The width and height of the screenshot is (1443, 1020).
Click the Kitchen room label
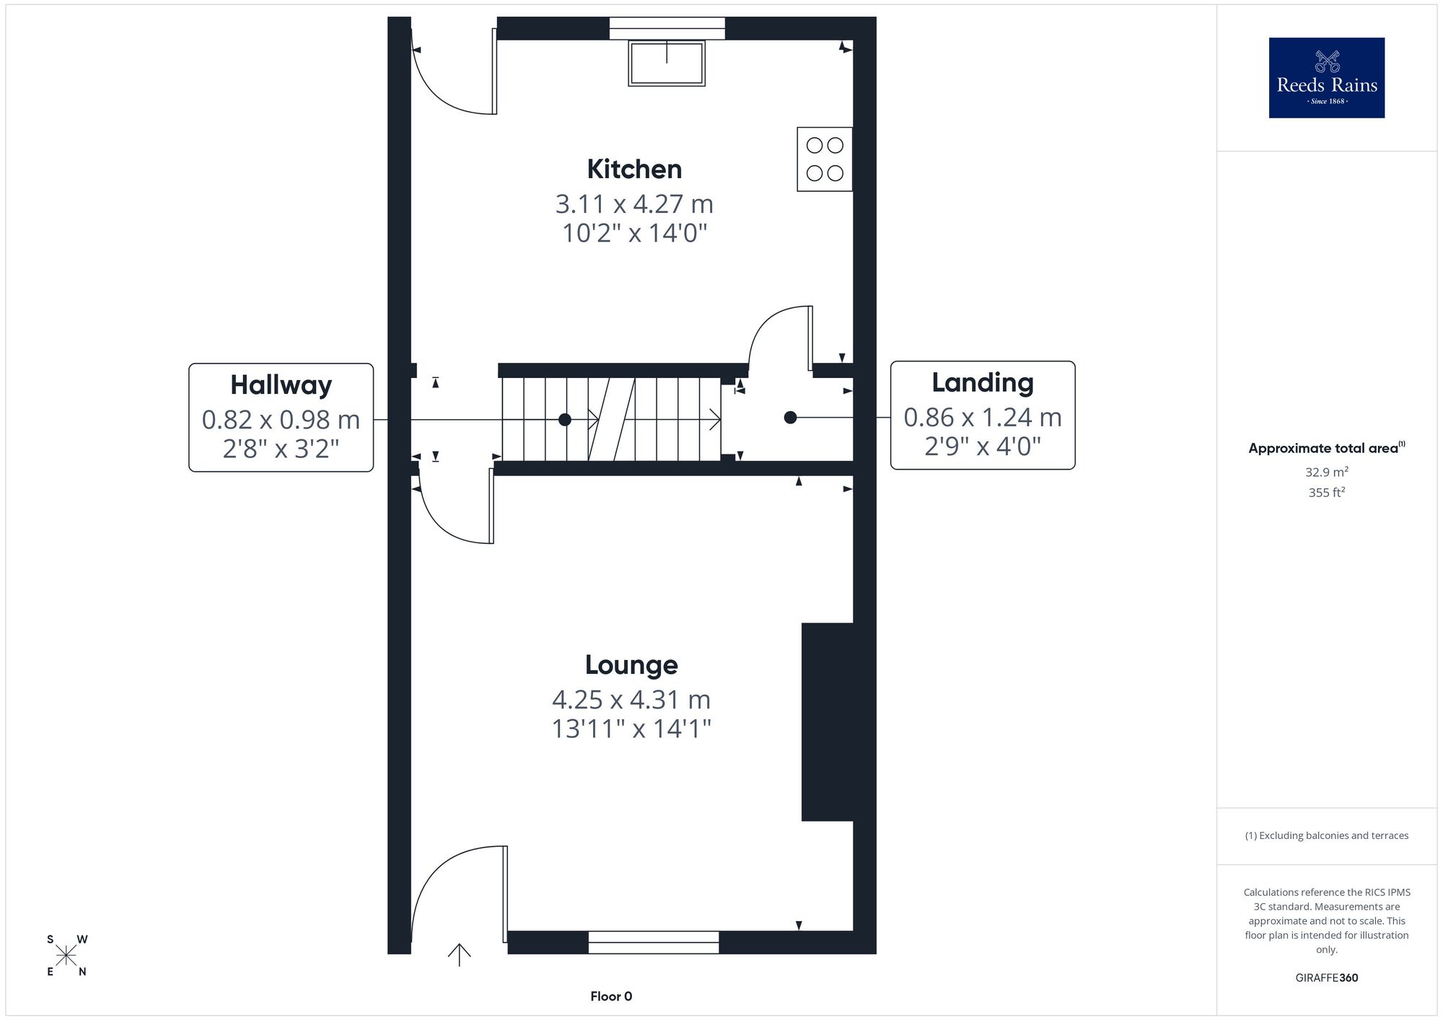[x=634, y=170]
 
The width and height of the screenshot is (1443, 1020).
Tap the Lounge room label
[x=631, y=664]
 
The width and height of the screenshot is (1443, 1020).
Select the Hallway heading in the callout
[x=281, y=385]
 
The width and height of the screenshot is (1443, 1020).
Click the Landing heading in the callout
[x=982, y=382]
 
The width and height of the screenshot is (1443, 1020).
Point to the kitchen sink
[x=667, y=63]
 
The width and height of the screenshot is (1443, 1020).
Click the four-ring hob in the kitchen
[x=825, y=159]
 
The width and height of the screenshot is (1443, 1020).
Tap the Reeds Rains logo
[x=1327, y=78]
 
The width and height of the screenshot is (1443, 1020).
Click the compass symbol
[x=66, y=956]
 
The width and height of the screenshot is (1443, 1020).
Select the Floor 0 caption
[x=611, y=996]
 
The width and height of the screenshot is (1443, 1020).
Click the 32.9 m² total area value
[x=1327, y=472]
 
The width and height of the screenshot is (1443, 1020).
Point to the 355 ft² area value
[x=1327, y=493]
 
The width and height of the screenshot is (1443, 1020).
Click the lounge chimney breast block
[x=828, y=722]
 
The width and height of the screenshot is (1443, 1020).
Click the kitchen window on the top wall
[x=667, y=28]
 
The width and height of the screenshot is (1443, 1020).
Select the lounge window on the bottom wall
[x=654, y=942]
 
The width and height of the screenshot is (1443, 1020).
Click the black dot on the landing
[x=790, y=418]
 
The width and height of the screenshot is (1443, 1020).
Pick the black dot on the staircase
[x=565, y=420]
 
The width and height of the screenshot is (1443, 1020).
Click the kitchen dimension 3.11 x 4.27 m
[x=634, y=204]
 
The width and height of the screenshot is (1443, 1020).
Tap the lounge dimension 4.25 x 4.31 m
[x=631, y=700]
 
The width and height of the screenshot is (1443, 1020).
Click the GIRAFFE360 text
[x=1327, y=978]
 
